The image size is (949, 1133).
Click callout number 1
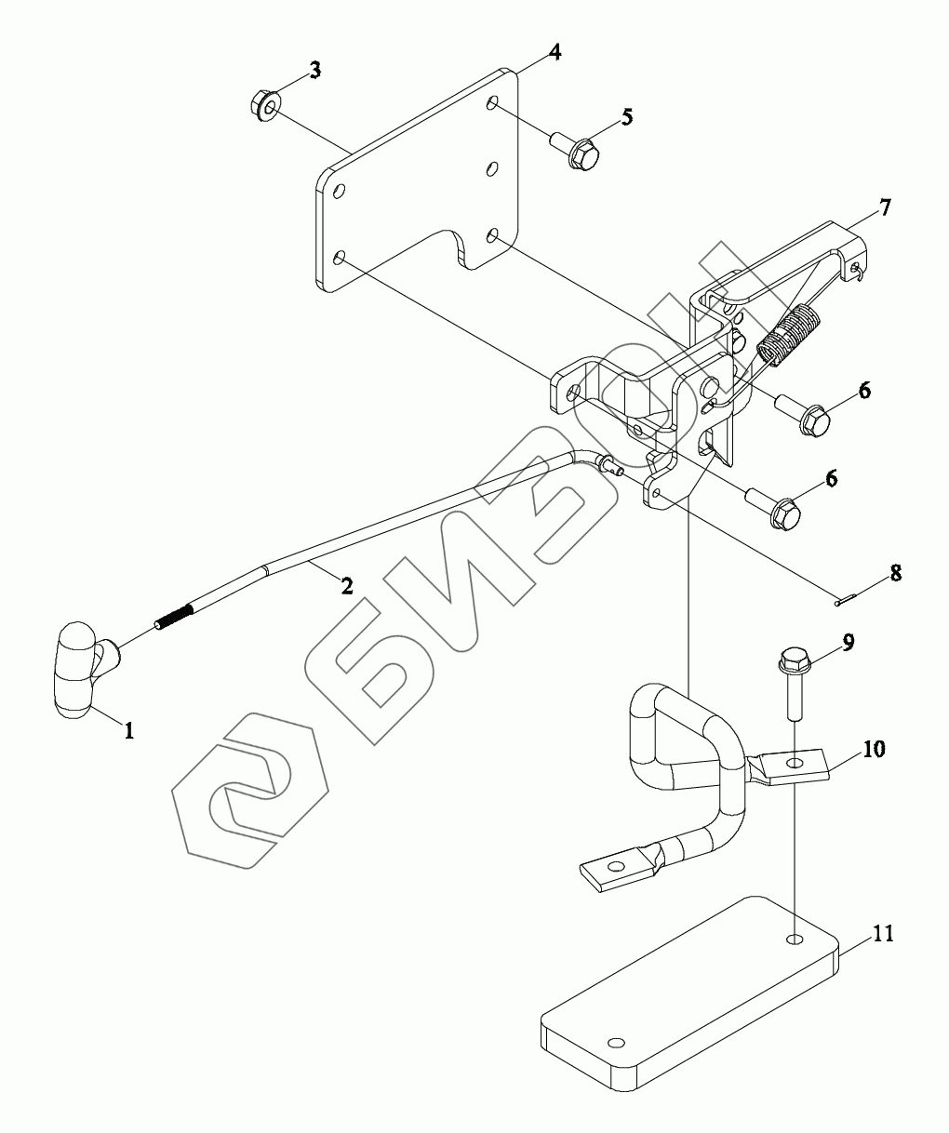(x=129, y=731)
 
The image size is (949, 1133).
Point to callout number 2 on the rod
(x=346, y=586)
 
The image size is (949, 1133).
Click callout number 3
(x=315, y=70)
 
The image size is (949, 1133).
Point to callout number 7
(x=884, y=207)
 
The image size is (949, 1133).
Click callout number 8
(x=895, y=572)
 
